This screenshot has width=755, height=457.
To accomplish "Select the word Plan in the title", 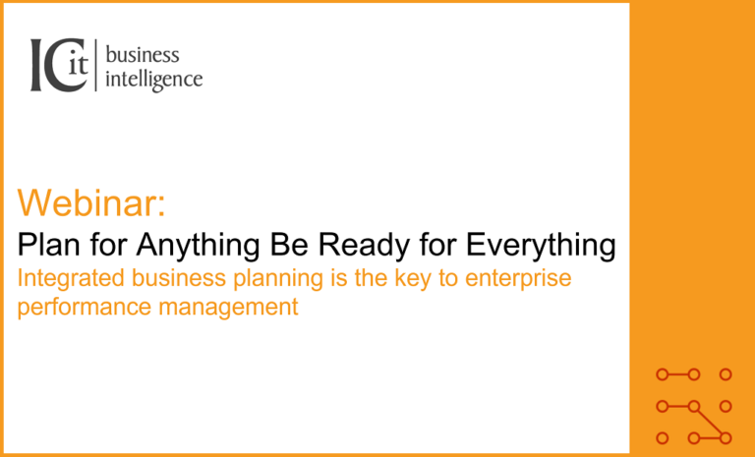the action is [x=45, y=245].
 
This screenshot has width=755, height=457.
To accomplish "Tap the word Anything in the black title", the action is [x=199, y=247].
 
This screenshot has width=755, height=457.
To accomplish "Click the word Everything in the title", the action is [x=541, y=247].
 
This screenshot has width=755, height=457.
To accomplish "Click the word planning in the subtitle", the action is [x=278, y=280].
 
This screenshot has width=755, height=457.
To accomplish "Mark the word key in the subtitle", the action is [x=413, y=280].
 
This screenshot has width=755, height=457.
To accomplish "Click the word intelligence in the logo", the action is [x=154, y=79].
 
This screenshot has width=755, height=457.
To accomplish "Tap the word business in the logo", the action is [x=143, y=55].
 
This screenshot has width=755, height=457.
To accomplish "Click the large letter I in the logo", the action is [x=37, y=65].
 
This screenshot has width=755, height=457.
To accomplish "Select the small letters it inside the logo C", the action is [x=79, y=64].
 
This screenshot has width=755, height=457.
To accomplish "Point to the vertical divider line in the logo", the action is [x=95, y=65].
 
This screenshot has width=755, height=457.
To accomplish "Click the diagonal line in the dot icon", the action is [x=710, y=423].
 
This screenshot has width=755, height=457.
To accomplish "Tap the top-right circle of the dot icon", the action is [x=726, y=374].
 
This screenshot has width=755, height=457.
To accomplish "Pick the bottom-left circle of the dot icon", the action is [x=663, y=438].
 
